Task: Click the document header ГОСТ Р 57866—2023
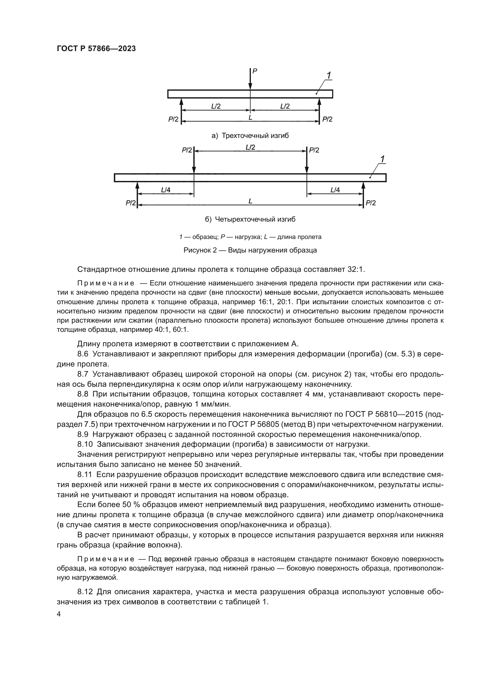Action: tap(96, 49)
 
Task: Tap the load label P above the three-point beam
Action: tap(255, 71)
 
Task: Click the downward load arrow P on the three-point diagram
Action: tap(250, 79)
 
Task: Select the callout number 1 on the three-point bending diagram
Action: tap(329, 76)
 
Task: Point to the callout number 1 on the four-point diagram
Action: tap(382, 159)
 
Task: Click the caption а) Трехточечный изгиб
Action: tap(250, 136)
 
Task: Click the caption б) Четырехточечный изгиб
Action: tap(250, 219)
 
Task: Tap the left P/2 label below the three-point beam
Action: tap(173, 119)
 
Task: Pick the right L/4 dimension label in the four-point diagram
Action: tap(335, 190)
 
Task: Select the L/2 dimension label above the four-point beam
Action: tap(250, 147)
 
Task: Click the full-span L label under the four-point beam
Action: tap(250, 201)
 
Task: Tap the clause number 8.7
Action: tap(83, 374)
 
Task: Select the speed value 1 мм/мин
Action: tap(212, 404)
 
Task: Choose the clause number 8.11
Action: tap(84, 474)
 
